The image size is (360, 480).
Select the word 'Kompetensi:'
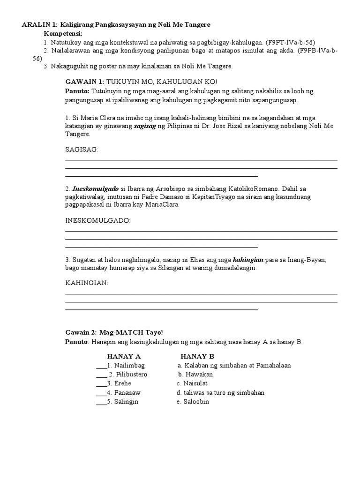[63, 34]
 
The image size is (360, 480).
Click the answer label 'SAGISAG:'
[82, 149]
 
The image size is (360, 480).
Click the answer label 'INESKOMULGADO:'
[97, 220]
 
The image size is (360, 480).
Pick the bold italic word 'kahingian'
[248, 260]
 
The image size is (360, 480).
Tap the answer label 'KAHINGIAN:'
[87, 283]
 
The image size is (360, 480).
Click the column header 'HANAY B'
[197, 356]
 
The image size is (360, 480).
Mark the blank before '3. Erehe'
[101, 384]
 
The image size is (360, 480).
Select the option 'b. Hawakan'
[195, 375]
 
